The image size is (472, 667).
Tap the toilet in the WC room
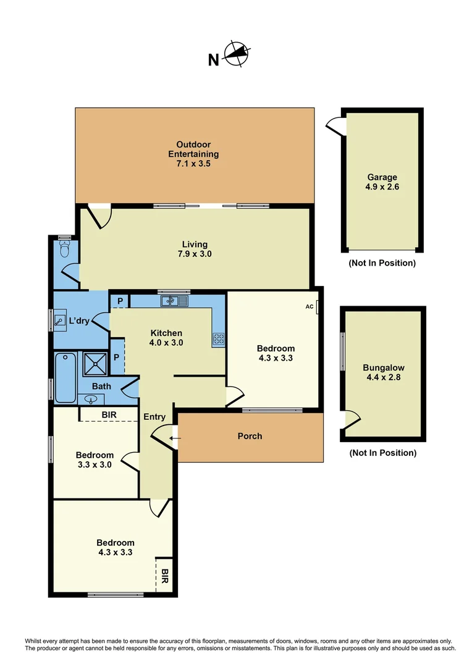(x=65, y=249)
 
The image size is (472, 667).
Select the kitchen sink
(x=174, y=301)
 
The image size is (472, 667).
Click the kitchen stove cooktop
(x=218, y=338)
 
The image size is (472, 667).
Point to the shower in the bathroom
(x=95, y=364)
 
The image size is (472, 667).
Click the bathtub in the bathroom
(x=65, y=378)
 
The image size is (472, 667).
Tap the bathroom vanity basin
(x=91, y=400)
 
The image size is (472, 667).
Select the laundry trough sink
(x=59, y=321)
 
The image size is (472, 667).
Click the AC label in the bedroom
(x=310, y=306)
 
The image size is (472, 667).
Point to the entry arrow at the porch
(x=175, y=438)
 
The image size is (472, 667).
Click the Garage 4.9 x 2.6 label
(x=382, y=182)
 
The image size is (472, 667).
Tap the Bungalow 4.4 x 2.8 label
(x=384, y=372)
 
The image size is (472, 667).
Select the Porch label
(x=250, y=436)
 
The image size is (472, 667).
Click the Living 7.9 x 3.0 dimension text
(x=195, y=254)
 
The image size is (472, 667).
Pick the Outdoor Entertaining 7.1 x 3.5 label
(x=193, y=154)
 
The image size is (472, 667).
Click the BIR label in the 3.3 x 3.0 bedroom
(x=109, y=415)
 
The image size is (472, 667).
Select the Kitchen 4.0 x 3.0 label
(x=166, y=338)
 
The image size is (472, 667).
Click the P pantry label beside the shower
(x=116, y=358)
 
